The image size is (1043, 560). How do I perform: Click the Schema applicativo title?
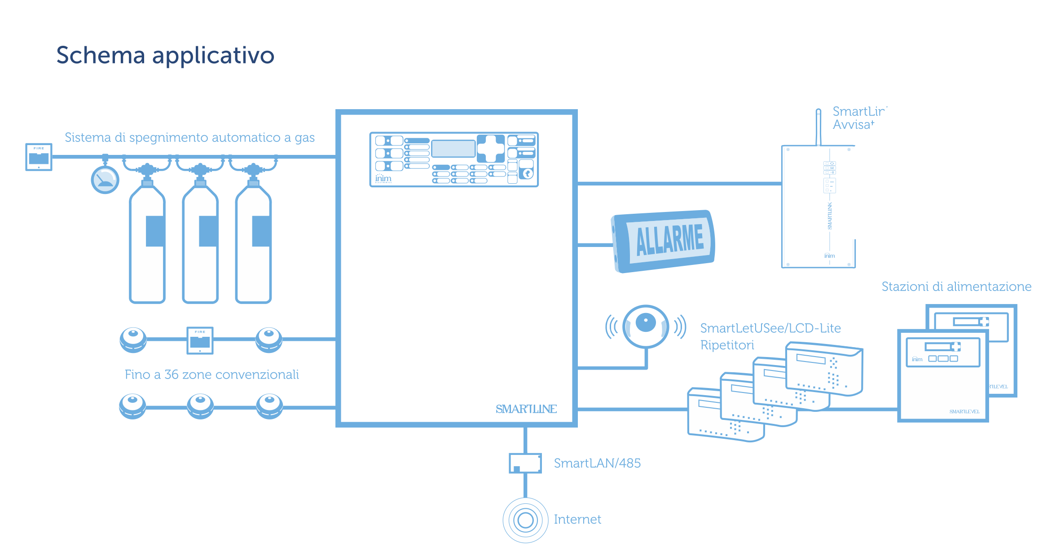(165, 56)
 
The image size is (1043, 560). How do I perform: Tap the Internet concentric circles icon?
(525, 520)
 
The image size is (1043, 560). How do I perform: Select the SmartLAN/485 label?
(597, 463)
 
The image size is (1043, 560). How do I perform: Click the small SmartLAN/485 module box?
(525, 463)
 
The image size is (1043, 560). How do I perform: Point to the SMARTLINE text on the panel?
(526, 409)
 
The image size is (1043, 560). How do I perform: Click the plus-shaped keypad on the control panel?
(491, 148)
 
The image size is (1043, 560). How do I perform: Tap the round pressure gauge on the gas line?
(105, 180)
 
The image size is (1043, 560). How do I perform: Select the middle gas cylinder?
(200, 243)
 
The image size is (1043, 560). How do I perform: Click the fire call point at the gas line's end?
(39, 157)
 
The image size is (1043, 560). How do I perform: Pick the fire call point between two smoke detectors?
(200, 340)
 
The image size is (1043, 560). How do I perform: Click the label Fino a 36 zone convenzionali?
(211, 375)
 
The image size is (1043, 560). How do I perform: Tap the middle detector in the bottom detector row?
(200, 406)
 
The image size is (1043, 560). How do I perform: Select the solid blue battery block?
(663, 241)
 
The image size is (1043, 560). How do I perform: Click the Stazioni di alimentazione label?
(956, 287)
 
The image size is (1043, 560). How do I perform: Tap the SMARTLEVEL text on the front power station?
(964, 411)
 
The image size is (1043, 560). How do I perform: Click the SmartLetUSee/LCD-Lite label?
(770, 328)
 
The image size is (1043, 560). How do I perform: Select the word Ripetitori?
(727, 345)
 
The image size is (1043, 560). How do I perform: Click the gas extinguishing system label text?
(189, 137)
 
